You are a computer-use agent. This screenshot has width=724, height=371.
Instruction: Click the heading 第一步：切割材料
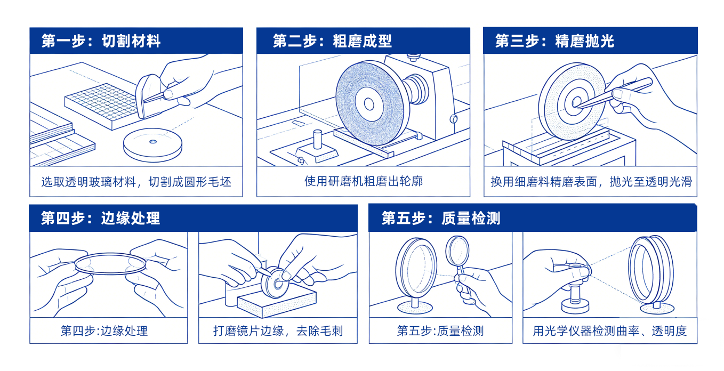(x=101, y=41)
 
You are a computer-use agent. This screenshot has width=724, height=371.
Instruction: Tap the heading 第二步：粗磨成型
(x=332, y=41)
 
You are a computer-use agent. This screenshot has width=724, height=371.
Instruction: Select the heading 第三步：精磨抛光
(x=554, y=41)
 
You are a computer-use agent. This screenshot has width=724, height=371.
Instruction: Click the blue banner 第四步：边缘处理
(x=101, y=218)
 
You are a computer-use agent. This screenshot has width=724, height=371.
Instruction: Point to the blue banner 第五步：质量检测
(x=440, y=218)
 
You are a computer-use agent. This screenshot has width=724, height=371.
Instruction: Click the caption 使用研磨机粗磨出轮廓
(x=363, y=181)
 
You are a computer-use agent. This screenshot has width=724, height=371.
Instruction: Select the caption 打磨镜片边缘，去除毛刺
(x=278, y=331)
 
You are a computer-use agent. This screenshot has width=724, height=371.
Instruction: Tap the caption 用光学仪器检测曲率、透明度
(x=610, y=331)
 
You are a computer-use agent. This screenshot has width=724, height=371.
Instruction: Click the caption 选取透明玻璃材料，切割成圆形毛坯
(x=136, y=181)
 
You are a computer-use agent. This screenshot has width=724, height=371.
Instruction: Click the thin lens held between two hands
(x=109, y=263)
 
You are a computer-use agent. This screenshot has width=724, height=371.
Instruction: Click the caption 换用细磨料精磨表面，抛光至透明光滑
(x=591, y=181)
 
